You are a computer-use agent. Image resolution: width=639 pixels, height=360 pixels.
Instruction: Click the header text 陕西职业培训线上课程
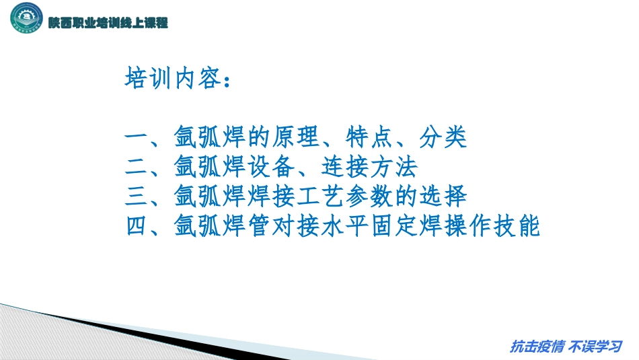[x=108, y=23]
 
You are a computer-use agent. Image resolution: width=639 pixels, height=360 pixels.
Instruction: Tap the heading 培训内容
[x=172, y=79]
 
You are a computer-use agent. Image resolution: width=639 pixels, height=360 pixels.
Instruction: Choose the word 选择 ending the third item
[x=443, y=196]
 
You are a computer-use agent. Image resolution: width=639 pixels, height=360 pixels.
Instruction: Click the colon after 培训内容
[x=228, y=81]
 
